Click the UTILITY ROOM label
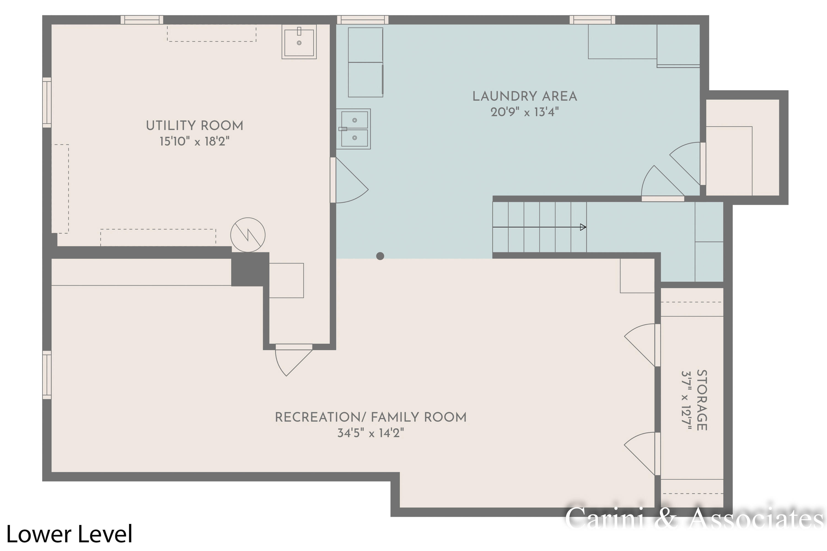click(x=194, y=126)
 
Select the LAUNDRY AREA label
click(x=524, y=96)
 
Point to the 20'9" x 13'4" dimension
click(x=524, y=112)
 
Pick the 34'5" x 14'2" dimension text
click(x=370, y=433)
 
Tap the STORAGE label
click(x=701, y=400)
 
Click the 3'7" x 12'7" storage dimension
click(x=686, y=400)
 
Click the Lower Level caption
click(x=69, y=534)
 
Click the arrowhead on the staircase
click(x=583, y=227)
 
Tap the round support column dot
click(x=380, y=256)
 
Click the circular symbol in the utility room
click(x=248, y=235)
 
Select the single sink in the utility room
click(x=299, y=41)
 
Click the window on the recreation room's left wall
click(x=47, y=375)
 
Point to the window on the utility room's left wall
click(x=47, y=102)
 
